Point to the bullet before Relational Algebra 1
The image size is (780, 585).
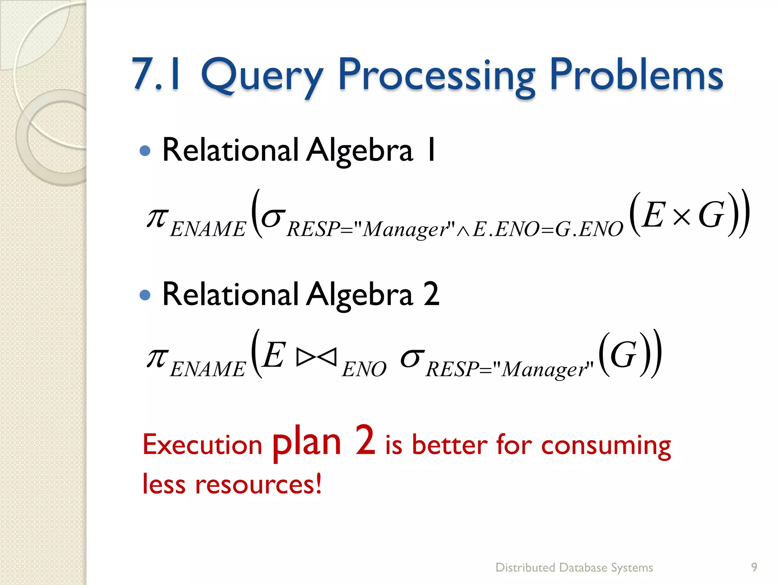click(x=145, y=151)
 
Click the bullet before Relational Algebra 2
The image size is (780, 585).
click(x=145, y=295)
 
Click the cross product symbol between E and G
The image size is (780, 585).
click(x=681, y=217)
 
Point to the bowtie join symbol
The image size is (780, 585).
click(x=316, y=357)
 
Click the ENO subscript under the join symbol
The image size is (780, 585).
click(x=364, y=369)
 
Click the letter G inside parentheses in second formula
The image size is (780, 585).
click(x=623, y=355)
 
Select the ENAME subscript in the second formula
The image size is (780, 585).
click(x=208, y=369)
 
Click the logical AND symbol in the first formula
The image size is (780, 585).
click(x=463, y=231)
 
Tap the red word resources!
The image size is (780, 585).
click(x=258, y=484)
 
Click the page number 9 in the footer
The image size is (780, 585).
click(x=754, y=567)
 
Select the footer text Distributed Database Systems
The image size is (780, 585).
click(x=574, y=567)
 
